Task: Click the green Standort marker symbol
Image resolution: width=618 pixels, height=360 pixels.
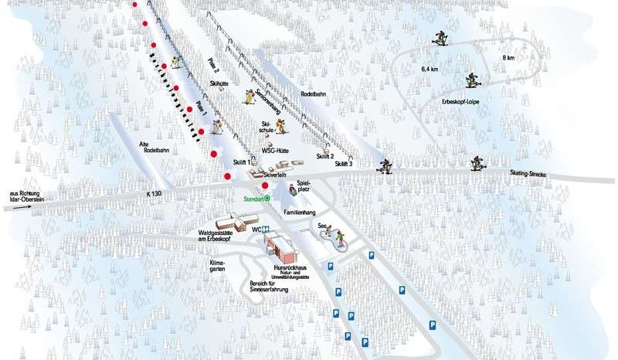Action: tap(267, 198)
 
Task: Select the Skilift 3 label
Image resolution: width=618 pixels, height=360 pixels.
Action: tap(344, 164)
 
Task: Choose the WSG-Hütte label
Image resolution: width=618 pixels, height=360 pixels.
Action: tap(274, 151)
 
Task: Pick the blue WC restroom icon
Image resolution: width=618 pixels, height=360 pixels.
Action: tap(264, 229)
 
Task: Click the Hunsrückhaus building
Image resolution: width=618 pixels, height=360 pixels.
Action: tap(280, 246)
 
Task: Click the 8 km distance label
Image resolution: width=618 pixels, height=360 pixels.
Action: tap(508, 58)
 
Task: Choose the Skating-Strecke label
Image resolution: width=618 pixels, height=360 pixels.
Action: tap(528, 175)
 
